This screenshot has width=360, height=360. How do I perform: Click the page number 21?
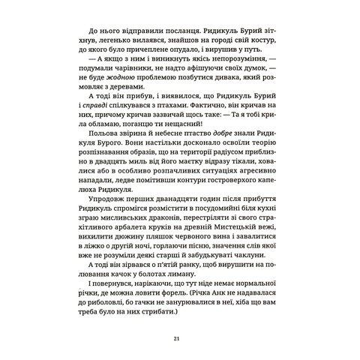180,338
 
